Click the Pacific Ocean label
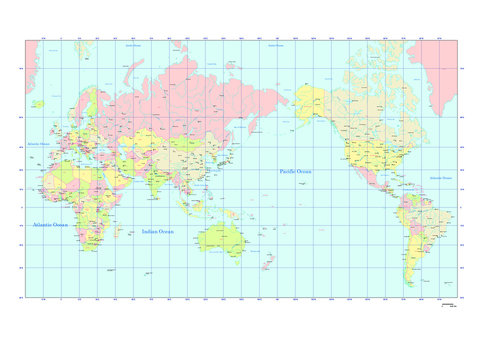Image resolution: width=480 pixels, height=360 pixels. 295,171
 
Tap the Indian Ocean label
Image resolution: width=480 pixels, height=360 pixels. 158,231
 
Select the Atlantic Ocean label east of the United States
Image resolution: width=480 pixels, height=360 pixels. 440,178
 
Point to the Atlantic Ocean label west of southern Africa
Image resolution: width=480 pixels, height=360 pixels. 50,225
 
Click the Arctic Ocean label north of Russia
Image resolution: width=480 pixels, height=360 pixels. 132,46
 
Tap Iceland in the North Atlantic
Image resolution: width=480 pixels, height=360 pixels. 38,102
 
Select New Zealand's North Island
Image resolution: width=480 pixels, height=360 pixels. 271,258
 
